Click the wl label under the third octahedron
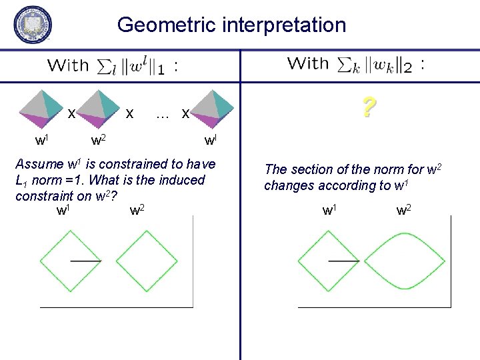211,141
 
